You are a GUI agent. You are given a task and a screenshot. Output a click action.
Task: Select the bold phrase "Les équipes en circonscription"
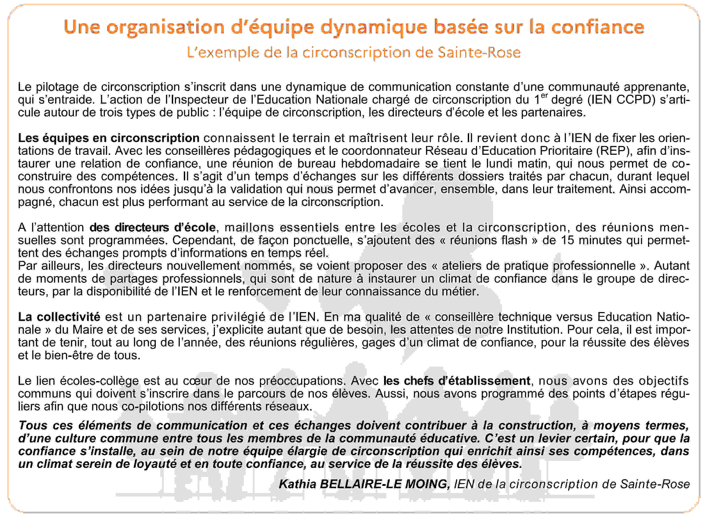coord(109,138)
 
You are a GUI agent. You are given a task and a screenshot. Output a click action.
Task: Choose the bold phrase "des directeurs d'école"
coord(153,227)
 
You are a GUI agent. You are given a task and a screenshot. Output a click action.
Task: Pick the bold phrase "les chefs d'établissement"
coord(456,381)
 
